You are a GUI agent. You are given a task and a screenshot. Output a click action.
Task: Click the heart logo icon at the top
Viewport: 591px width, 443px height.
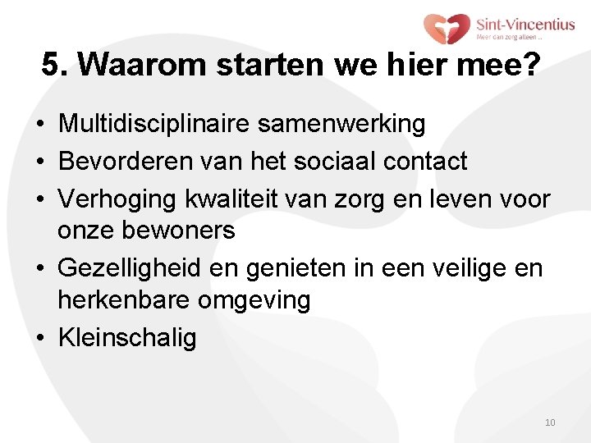click(x=447, y=29)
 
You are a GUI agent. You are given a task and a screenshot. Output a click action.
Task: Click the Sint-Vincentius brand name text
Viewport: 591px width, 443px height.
click(x=525, y=24)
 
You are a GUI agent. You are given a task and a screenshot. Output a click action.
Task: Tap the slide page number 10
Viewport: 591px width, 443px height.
click(x=550, y=422)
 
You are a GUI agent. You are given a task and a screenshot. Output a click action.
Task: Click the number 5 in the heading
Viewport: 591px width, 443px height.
click(x=50, y=66)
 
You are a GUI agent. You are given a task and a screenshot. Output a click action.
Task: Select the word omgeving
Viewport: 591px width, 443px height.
click(x=254, y=301)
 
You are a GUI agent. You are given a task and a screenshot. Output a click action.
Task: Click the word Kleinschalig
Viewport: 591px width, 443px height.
click(x=127, y=337)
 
